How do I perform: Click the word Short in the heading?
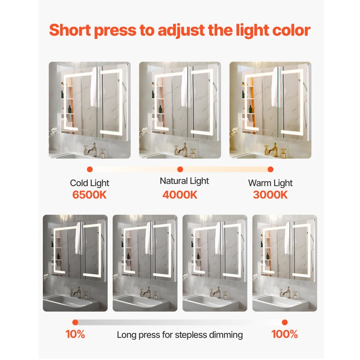[x=69, y=30]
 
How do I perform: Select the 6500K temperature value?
[x=90, y=195]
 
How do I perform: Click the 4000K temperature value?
[x=180, y=195]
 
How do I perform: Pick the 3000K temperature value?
[x=270, y=195]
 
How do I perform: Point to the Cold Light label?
[x=90, y=183]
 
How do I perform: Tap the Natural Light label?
[x=184, y=181]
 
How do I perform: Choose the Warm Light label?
[x=270, y=183]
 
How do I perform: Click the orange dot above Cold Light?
[x=90, y=169]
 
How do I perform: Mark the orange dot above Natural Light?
[x=180, y=169]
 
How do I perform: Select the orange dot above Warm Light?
[x=270, y=169]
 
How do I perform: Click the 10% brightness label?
[x=75, y=334]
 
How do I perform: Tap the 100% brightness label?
[x=284, y=334]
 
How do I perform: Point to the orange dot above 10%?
[x=75, y=322]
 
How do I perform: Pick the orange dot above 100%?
[x=284, y=322]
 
